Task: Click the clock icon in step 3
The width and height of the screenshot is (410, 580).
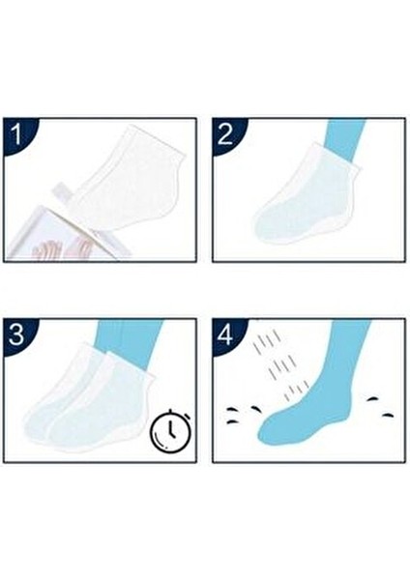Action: pyautogui.click(x=172, y=430)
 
